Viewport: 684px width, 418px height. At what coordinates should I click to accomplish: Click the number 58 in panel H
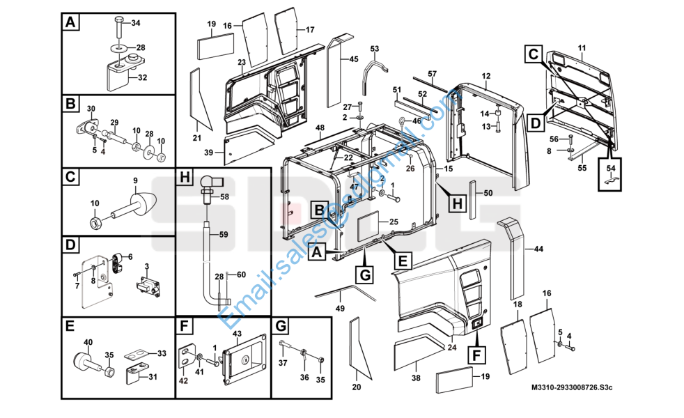pyautogui.click(x=224, y=196)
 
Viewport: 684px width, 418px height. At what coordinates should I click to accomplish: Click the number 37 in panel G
pyautogui.click(x=283, y=363)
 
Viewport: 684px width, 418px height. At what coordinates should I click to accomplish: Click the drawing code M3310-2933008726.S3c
pyautogui.click(x=571, y=387)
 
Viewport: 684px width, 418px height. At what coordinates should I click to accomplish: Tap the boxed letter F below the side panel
pyautogui.click(x=476, y=355)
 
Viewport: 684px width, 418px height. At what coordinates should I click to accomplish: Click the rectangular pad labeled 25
pyautogui.click(x=369, y=227)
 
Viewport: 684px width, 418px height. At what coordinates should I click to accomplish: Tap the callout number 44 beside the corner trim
pyautogui.click(x=538, y=249)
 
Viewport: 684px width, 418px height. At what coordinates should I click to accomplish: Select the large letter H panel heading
pyautogui.click(x=185, y=177)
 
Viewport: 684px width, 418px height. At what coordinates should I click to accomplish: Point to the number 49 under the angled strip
pyautogui.click(x=340, y=309)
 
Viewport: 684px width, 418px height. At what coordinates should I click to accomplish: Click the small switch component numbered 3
pyautogui.click(x=148, y=286)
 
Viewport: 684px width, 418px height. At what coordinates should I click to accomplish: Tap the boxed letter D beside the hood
pyautogui.click(x=536, y=123)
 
